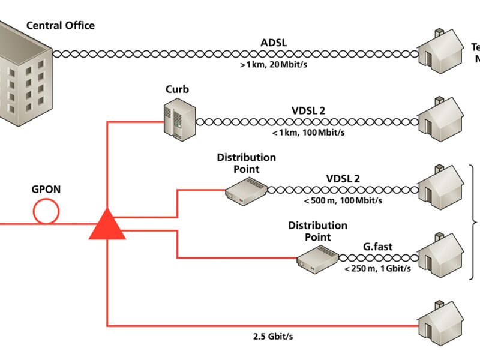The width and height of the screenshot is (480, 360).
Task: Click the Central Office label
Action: tap(60, 25)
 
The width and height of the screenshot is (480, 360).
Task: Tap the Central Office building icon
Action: tap(24, 78)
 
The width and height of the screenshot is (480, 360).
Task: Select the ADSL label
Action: tap(273, 42)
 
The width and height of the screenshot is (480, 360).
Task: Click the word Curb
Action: tap(177, 89)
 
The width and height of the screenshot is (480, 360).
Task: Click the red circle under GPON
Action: tap(46, 211)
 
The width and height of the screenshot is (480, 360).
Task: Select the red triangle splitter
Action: tap(107, 225)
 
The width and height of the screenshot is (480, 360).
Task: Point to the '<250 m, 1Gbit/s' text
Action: tap(377, 268)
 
